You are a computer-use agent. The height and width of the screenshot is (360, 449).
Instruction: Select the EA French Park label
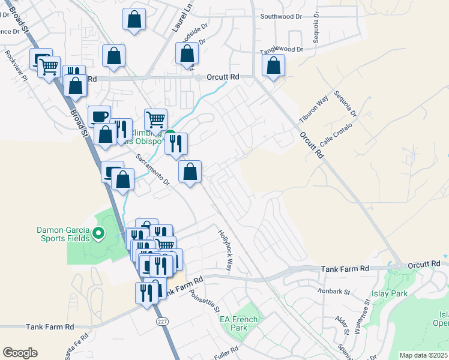[x=238, y=324]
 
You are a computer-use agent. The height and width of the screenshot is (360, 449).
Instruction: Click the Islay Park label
[x=391, y=293]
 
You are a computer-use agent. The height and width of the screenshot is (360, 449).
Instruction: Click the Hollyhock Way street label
[x=226, y=250]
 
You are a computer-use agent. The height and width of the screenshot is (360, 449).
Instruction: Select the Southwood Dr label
[x=281, y=17]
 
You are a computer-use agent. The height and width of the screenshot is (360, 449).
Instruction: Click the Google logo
[x=20, y=353]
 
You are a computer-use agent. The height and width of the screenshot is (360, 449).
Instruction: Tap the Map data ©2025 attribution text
[x=423, y=355]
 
